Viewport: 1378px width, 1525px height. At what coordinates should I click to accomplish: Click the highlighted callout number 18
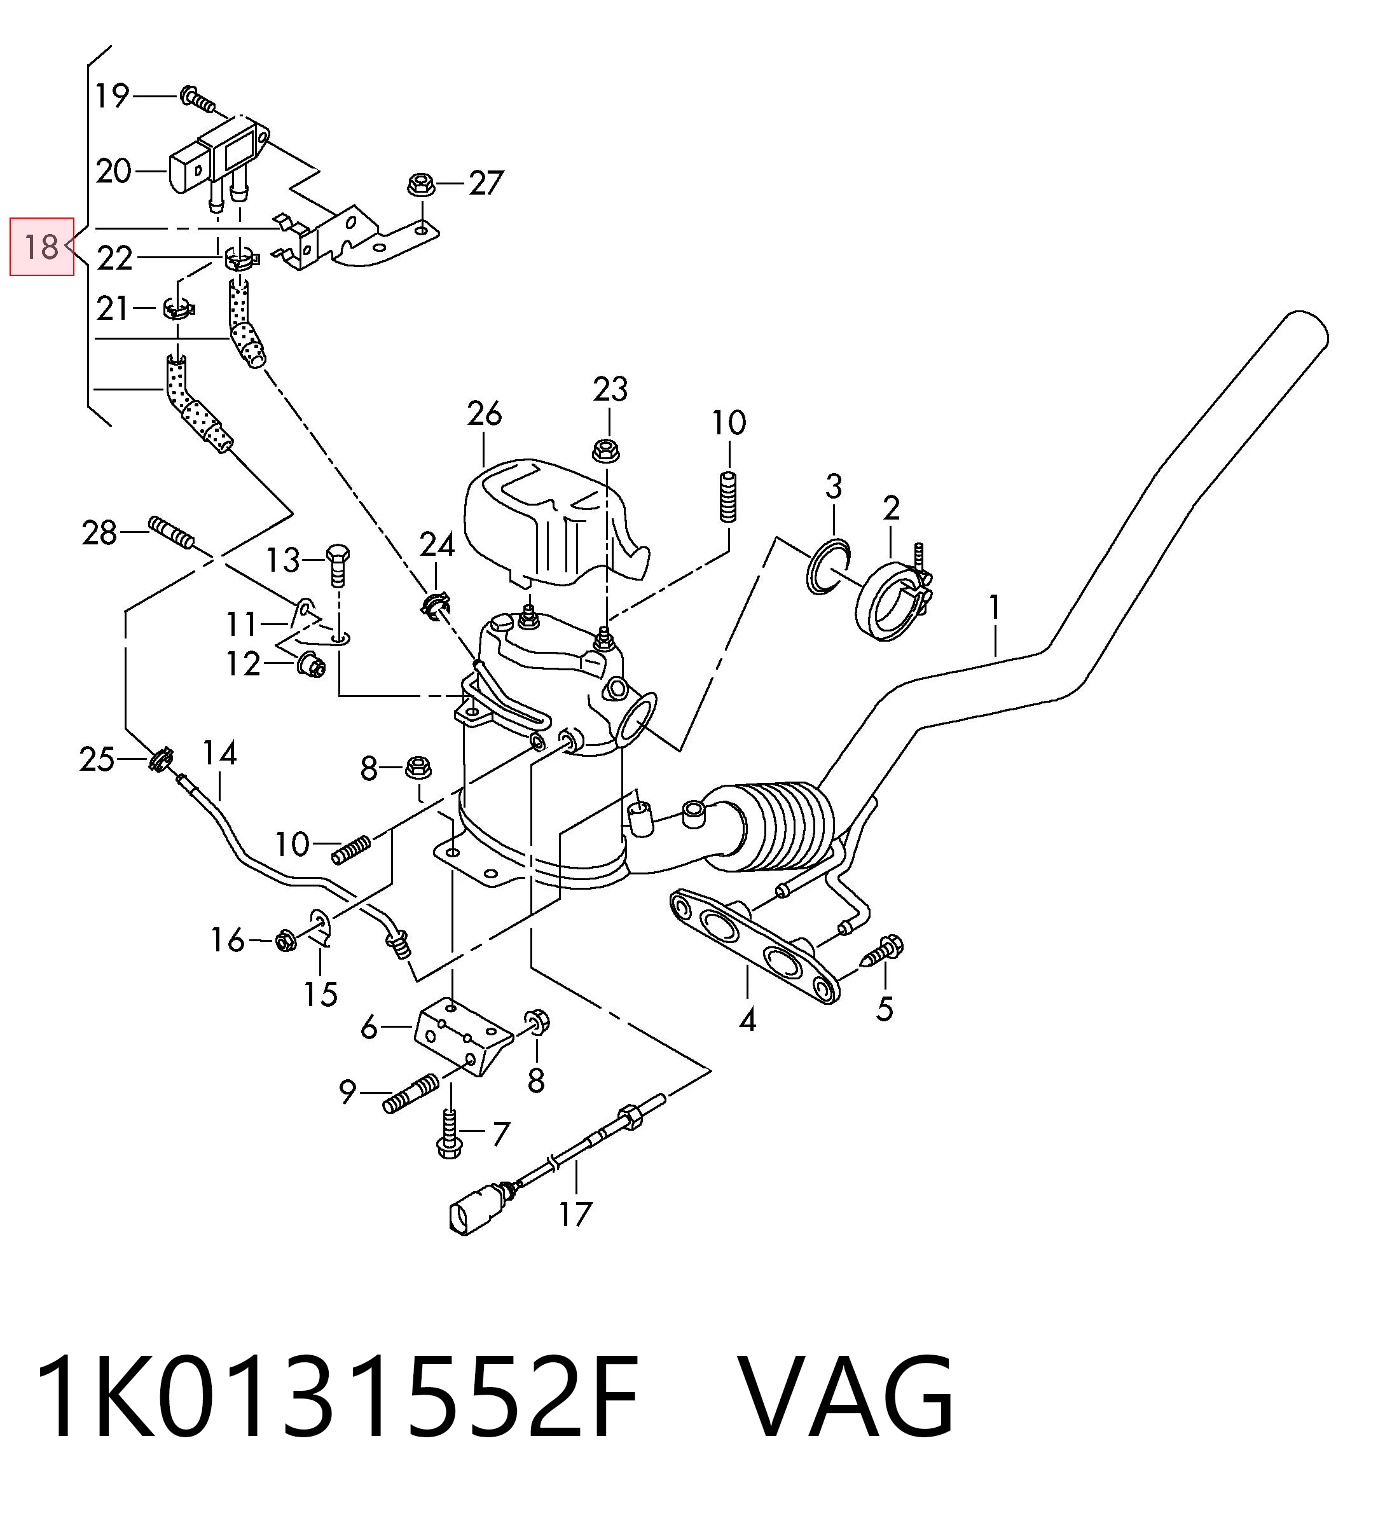pyautogui.click(x=41, y=247)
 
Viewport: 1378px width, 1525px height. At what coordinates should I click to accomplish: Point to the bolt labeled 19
pyautogui.click(x=198, y=99)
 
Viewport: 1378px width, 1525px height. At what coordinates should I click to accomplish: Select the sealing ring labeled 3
pyautogui.click(x=829, y=567)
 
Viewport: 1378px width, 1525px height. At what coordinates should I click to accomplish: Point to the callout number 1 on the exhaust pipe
pyautogui.click(x=995, y=607)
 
